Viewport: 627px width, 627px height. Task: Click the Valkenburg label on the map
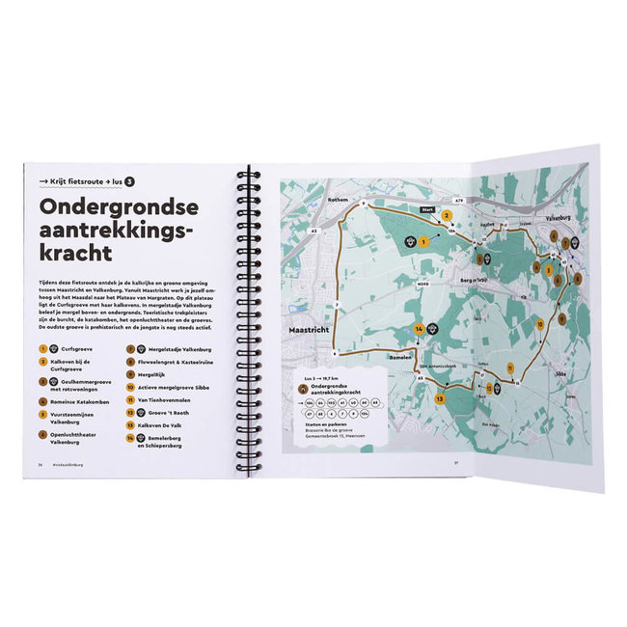564,220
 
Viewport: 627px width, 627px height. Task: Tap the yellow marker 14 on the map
419,330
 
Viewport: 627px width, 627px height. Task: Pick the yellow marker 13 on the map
439,397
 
